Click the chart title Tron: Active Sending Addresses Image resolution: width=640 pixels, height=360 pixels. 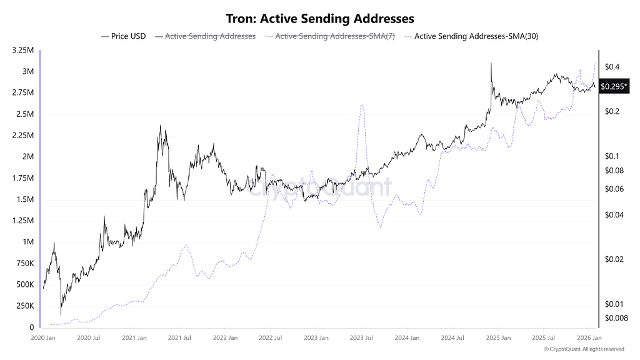[x=319, y=19]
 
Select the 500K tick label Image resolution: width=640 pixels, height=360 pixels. [x=24, y=284]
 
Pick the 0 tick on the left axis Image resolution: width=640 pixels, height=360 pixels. [x=32, y=327]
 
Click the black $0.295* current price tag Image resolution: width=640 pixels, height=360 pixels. [x=612, y=87]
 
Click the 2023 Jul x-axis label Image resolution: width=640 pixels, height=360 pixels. [x=361, y=338]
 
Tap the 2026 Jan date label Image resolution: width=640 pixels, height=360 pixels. [x=587, y=338]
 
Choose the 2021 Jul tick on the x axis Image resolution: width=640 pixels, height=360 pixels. [x=179, y=338]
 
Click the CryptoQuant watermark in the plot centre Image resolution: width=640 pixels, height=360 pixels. [x=319, y=187]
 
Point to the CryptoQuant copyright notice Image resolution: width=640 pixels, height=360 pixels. [x=584, y=349]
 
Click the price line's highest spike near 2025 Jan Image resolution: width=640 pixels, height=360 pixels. [x=491, y=63]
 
